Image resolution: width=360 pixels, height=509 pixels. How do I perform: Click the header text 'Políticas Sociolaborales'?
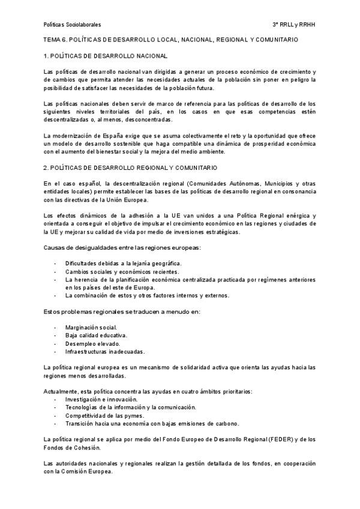point(73,25)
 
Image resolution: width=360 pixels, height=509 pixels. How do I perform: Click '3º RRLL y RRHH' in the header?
point(294,25)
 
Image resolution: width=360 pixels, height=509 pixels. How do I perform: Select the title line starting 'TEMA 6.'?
point(171,40)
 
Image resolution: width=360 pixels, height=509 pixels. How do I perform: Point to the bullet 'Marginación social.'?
point(91,327)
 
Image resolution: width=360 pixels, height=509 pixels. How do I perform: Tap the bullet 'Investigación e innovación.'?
point(101,399)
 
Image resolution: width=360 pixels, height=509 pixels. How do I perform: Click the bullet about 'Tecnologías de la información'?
point(131,407)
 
